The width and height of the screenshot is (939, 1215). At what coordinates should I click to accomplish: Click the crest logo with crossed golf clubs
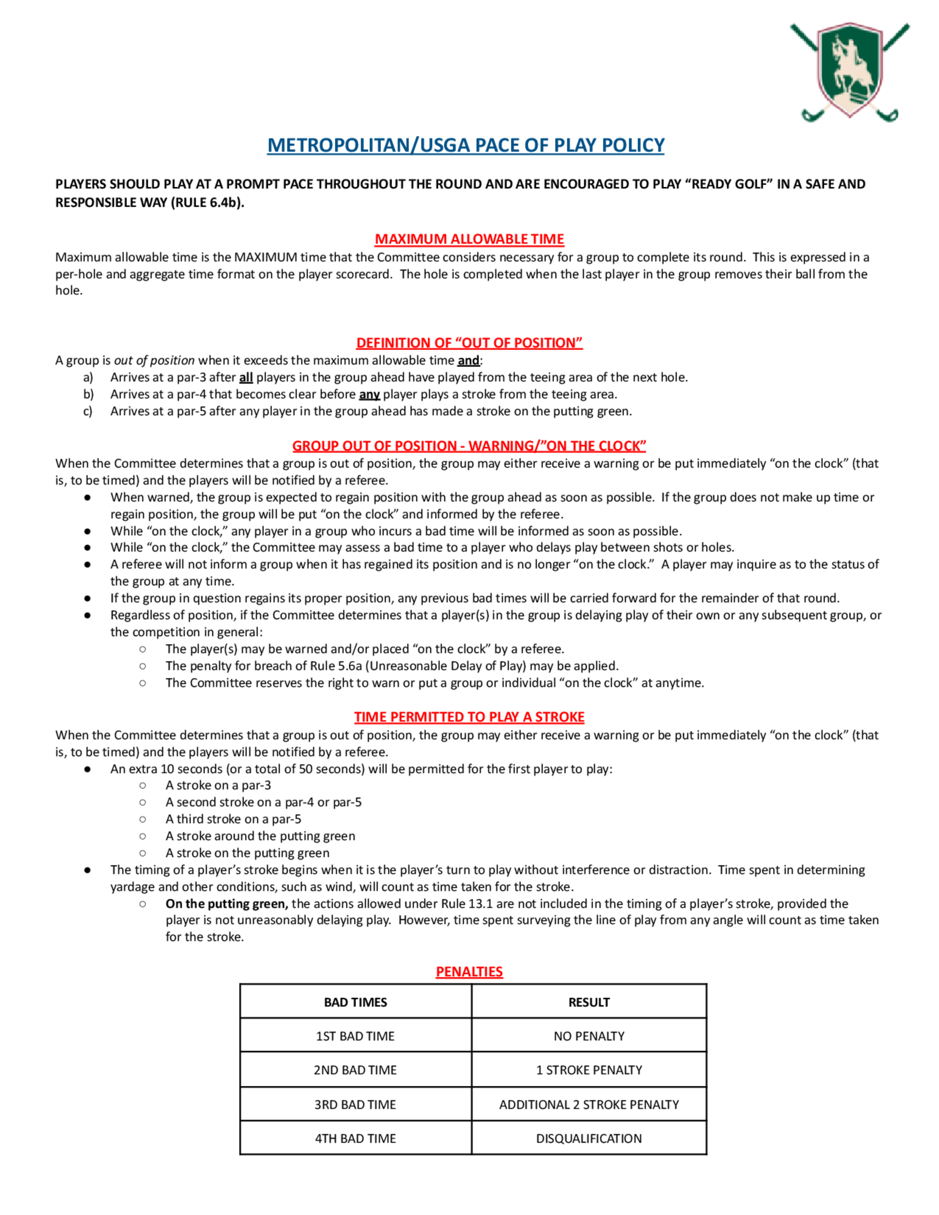point(849,72)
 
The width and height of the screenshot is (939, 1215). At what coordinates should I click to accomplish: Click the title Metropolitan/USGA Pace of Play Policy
point(466,145)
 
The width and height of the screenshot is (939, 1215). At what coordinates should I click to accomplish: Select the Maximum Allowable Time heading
point(469,239)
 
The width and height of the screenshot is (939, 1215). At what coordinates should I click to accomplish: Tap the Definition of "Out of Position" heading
point(469,343)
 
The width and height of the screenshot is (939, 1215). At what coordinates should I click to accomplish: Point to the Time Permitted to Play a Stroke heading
point(469,717)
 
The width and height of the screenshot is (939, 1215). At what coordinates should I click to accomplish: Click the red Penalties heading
point(469,972)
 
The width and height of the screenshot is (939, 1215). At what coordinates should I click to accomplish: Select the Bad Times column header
point(355,1002)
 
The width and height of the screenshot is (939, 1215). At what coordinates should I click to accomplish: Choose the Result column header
point(589,1002)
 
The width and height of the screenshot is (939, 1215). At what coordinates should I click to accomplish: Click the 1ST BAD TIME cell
point(355,1037)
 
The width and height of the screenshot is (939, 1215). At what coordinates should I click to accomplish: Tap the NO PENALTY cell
point(589,1037)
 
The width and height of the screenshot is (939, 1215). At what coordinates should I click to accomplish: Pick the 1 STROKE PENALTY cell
point(589,1070)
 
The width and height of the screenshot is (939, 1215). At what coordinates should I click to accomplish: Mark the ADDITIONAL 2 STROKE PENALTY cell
point(589,1105)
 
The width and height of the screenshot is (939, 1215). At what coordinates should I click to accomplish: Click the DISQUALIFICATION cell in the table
point(589,1139)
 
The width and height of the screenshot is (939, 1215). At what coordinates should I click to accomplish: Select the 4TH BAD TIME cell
point(355,1139)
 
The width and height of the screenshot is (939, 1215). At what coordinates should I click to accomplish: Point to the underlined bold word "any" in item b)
point(369,395)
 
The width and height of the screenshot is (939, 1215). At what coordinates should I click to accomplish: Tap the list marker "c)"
point(88,412)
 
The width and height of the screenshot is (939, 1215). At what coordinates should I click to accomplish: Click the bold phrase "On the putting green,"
point(226,904)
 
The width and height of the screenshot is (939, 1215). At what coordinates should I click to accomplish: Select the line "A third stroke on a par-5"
point(233,819)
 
